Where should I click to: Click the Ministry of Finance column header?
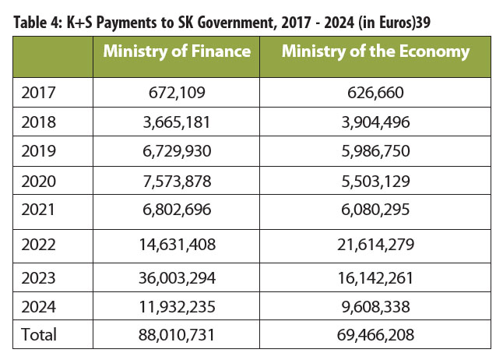point(177,51)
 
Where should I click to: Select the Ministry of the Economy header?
point(375,51)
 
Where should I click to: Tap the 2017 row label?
point(38,93)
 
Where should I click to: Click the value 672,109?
point(177,93)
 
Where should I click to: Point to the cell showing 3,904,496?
point(375,122)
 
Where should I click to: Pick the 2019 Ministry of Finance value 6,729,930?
point(177,151)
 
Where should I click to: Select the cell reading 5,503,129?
point(375,181)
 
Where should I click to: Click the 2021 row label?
point(38,210)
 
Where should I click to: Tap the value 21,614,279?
point(375,245)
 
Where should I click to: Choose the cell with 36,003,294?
point(177,278)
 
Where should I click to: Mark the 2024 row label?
point(38,307)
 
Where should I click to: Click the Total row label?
point(39,334)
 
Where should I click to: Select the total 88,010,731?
point(177,334)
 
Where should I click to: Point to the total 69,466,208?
point(375,334)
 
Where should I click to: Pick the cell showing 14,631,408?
point(177,245)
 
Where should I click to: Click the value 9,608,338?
point(375,307)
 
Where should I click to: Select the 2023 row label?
point(38,278)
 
